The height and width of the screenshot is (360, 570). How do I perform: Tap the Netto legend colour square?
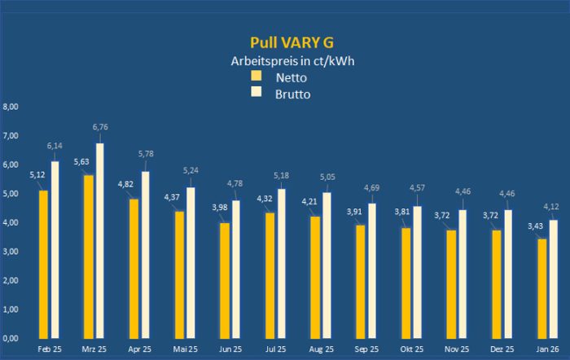[x=256, y=76]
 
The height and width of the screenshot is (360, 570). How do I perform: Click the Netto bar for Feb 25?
[x=43, y=264]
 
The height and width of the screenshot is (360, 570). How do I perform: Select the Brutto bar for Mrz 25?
[x=100, y=240]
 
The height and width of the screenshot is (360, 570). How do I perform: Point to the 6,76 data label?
[x=100, y=127]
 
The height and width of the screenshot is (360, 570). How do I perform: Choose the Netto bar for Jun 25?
[x=223, y=280]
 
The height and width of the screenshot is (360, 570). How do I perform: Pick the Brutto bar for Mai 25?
[x=190, y=262]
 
